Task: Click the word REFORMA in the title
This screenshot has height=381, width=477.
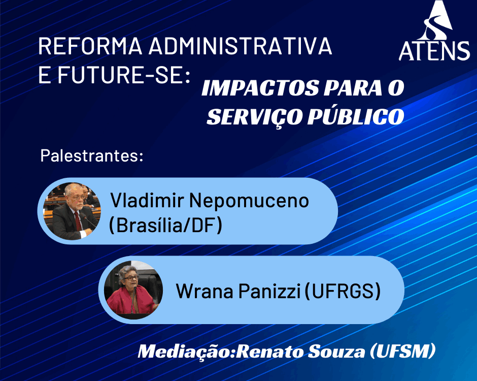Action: [90, 46]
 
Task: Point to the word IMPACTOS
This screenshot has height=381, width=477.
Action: [259, 88]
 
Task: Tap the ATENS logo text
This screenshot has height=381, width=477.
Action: [434, 51]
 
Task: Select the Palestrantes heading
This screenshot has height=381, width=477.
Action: [91, 155]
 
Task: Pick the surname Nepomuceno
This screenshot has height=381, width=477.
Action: [249, 201]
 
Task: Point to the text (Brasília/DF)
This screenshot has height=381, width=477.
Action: [165, 226]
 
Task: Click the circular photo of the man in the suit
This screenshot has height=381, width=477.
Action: [72, 211]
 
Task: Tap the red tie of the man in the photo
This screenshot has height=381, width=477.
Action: [78, 221]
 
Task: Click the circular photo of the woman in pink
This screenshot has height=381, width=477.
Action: [133, 290]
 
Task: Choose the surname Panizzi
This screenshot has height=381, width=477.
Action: [269, 291]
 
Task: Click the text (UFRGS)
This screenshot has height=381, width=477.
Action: [343, 291]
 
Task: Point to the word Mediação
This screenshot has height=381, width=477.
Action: [187, 352]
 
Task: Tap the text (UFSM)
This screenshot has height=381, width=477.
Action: [402, 351]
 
